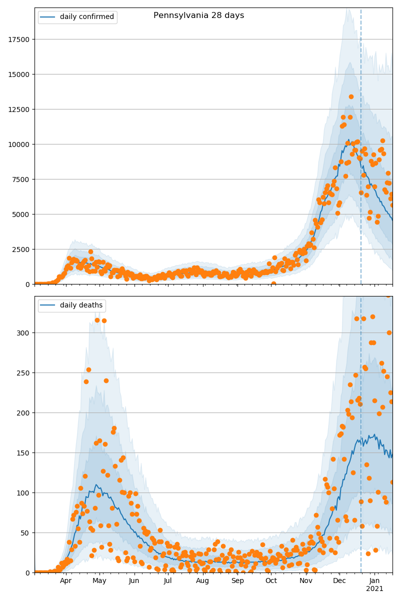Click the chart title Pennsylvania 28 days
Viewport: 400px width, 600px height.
[x=198, y=15]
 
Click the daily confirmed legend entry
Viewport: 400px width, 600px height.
[x=86, y=17]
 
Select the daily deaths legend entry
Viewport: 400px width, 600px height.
[x=81, y=305]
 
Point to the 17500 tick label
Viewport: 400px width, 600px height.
[x=18, y=39]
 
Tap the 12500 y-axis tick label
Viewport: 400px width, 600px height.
[x=18, y=109]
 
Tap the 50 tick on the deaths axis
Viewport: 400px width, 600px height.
[x=26, y=533]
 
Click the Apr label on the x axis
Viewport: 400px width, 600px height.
[x=66, y=581]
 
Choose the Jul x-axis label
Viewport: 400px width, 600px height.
[x=167, y=581]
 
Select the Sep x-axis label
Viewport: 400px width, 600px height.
[x=237, y=581]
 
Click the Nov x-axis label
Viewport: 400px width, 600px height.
[x=306, y=581]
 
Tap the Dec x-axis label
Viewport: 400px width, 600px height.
[x=339, y=581]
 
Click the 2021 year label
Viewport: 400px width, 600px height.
[x=374, y=589]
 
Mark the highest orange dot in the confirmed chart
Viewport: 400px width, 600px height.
[x=351, y=96]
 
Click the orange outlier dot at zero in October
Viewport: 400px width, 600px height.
[x=273, y=283]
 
